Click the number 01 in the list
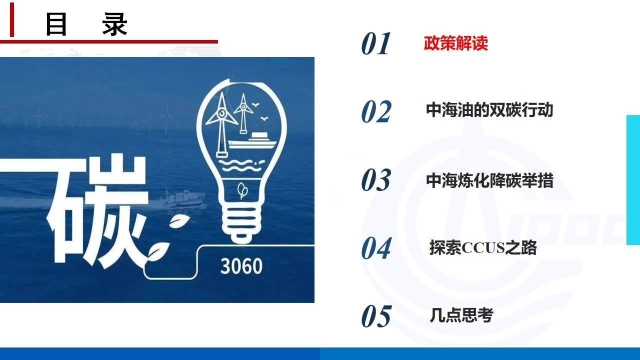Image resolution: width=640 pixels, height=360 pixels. point(375,43)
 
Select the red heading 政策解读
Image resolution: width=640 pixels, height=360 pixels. point(455,43)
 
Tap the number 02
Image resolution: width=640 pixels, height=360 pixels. point(376,111)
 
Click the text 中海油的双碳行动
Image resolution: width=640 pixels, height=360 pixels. point(489,110)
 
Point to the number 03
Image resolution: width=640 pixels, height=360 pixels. point(376,180)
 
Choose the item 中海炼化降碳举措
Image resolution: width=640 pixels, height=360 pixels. point(489,180)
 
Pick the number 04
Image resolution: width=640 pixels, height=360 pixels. point(376,248)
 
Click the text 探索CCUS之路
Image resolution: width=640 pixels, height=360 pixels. point(483,247)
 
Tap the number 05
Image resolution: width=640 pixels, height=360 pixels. point(376,316)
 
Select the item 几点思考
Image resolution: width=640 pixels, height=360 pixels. point(461,315)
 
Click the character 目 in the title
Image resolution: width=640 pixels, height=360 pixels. point(56,24)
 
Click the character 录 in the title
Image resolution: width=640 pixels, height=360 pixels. point(114,24)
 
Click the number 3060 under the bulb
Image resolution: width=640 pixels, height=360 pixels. point(241,266)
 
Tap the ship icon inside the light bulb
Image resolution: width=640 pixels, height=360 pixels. point(252,140)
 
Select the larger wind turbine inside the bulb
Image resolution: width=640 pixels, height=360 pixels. point(221,124)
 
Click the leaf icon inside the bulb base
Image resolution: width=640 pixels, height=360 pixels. point(242,190)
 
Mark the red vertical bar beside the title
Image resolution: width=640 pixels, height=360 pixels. point(11,19)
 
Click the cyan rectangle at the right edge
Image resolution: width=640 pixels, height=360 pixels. point(633,180)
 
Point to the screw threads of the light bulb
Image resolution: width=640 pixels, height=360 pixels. point(241,219)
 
